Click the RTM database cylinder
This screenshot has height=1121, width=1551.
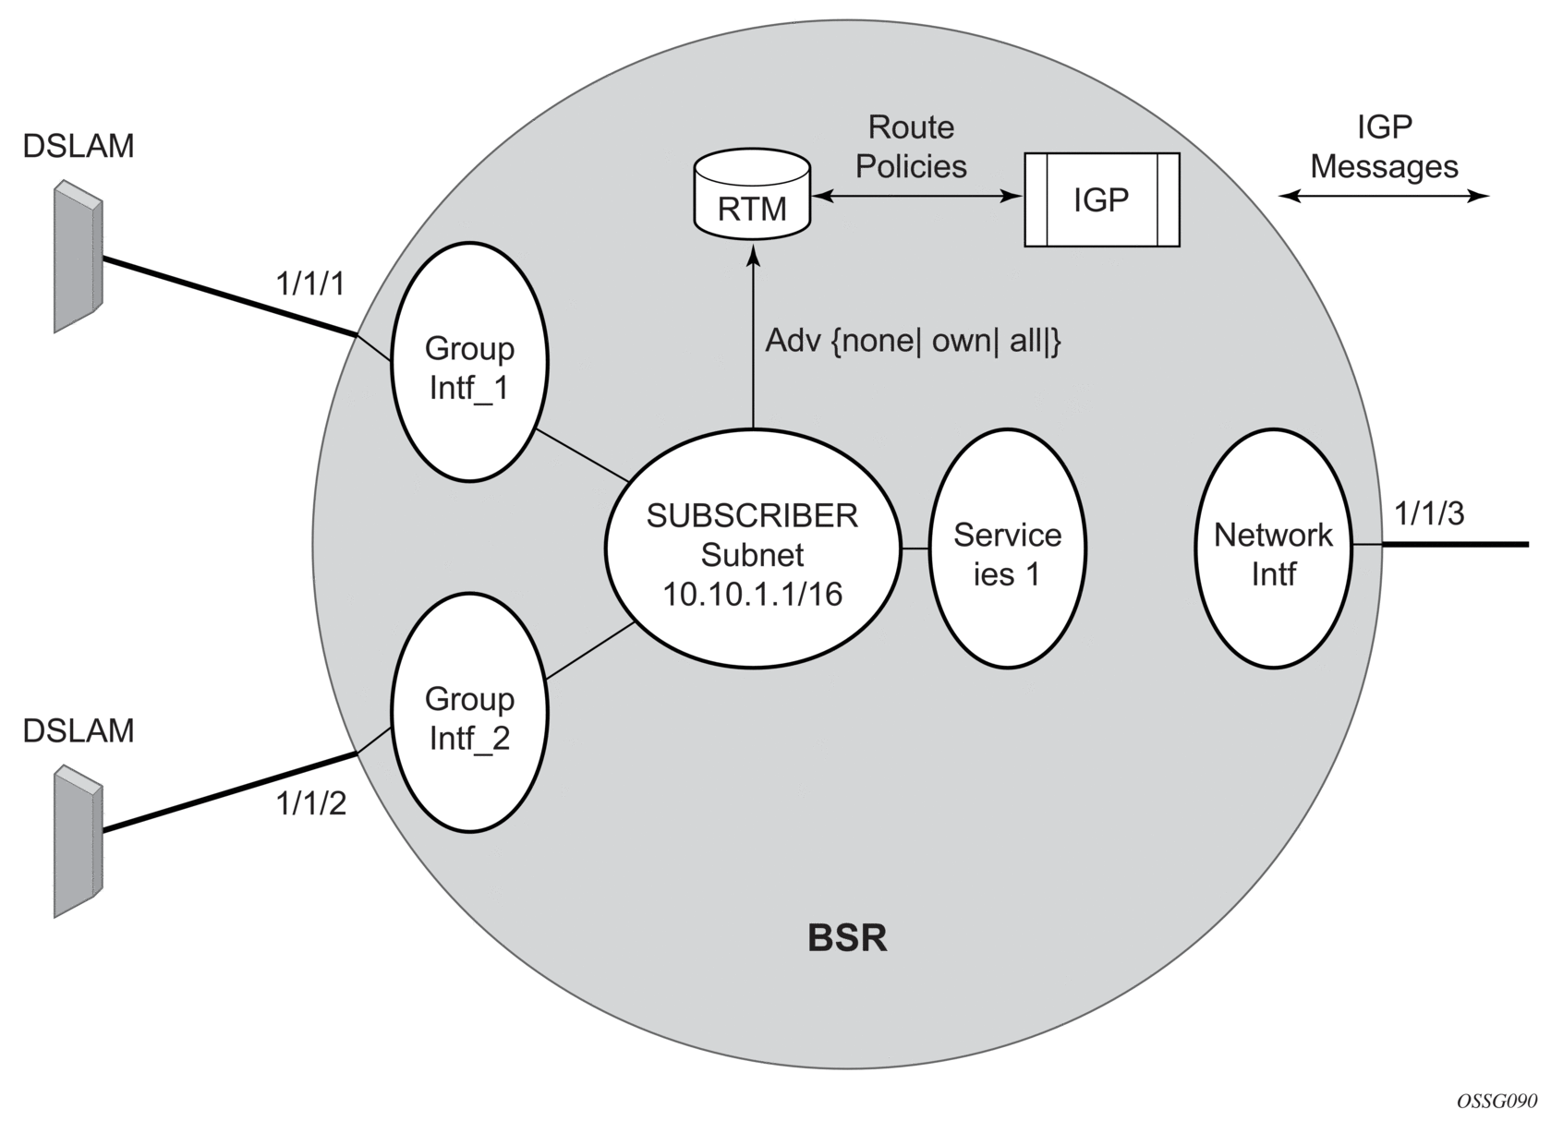(x=752, y=195)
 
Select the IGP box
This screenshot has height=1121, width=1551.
(x=1102, y=199)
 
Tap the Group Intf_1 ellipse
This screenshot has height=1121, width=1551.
(x=469, y=368)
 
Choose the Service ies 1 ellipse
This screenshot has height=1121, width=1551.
(x=1007, y=554)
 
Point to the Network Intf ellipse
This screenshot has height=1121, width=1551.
(x=1273, y=554)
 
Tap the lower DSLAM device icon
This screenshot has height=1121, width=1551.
(x=77, y=840)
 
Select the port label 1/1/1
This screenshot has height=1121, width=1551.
(x=310, y=284)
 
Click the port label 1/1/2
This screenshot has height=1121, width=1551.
(x=310, y=804)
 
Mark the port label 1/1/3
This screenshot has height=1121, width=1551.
(x=1430, y=513)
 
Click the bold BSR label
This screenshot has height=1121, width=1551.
(x=847, y=938)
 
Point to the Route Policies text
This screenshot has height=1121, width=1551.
(x=911, y=147)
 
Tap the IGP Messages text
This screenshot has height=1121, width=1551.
(x=1384, y=147)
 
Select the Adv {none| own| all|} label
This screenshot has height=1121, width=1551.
(x=914, y=342)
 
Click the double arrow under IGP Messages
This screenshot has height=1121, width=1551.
(x=1384, y=196)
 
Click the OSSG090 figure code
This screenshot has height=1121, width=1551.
(x=1496, y=1102)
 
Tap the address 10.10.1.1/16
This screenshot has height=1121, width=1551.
(x=752, y=594)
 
